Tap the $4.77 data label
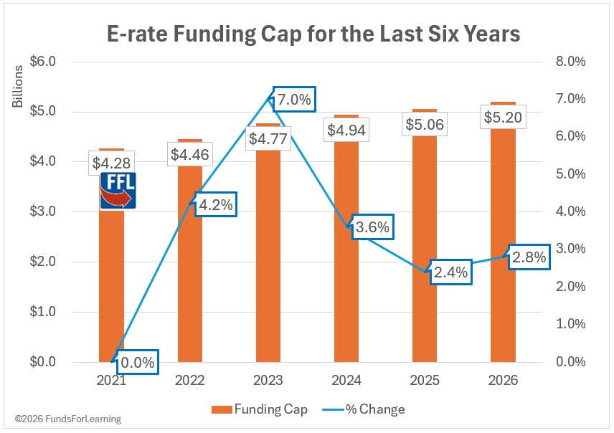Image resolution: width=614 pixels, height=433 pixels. pyautogui.click(x=268, y=138)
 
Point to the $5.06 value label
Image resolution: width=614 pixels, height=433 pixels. pyautogui.click(x=425, y=125)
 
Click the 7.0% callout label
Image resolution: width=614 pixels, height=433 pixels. pyautogui.click(x=294, y=100)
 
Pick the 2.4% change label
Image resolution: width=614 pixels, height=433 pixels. pyautogui.click(x=450, y=272)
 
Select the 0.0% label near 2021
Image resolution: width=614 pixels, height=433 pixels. pyautogui.click(x=137, y=362)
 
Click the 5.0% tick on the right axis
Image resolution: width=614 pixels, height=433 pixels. pyautogui.click(x=571, y=174)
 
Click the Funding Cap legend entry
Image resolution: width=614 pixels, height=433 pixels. pyautogui.click(x=259, y=409)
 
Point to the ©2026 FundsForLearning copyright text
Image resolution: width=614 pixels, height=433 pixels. pyautogui.click(x=64, y=419)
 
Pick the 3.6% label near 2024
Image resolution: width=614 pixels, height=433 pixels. pyautogui.click(x=372, y=228)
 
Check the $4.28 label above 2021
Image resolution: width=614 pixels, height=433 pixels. pyautogui.click(x=111, y=162)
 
